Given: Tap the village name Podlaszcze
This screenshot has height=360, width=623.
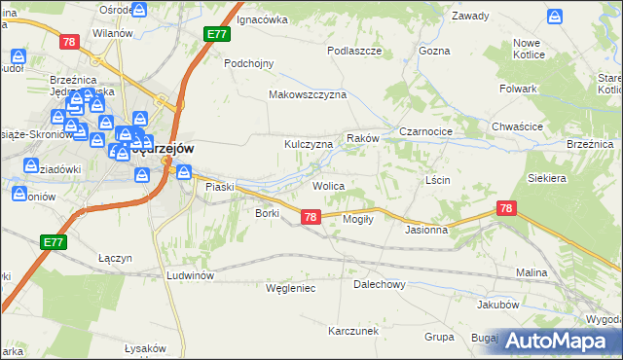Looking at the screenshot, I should (x=354, y=50).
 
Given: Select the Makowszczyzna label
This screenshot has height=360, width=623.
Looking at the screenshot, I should (x=308, y=95).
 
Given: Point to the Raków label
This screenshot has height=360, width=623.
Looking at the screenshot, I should (x=362, y=139).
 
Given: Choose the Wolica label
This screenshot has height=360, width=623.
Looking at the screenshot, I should (x=328, y=185).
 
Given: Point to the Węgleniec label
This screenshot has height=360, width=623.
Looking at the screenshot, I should (x=290, y=288).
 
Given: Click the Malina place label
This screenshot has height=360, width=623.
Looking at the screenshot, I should (x=532, y=273).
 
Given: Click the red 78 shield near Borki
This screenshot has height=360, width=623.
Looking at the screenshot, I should (x=310, y=217).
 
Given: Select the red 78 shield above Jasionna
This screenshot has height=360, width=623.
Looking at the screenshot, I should (x=505, y=208).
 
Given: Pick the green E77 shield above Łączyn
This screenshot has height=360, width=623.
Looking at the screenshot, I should (x=54, y=240).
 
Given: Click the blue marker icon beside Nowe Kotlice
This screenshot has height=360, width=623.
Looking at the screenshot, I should (x=555, y=17).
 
